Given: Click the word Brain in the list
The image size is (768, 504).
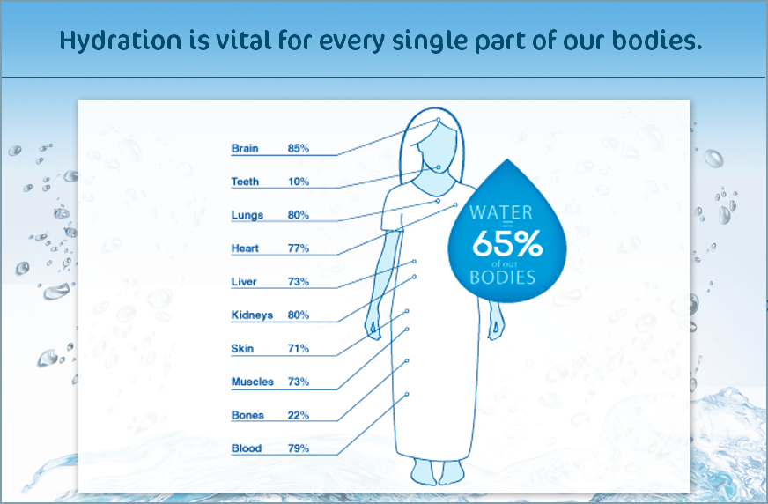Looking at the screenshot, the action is tap(245, 148).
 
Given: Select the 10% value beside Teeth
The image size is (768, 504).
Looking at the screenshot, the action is tap(299, 182).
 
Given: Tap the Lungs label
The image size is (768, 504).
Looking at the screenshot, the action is tap(247, 216).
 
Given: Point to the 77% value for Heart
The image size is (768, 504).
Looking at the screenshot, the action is tap(299, 248).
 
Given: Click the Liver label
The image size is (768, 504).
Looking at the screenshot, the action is tap(244, 282).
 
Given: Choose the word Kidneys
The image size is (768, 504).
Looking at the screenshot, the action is tap(252, 315).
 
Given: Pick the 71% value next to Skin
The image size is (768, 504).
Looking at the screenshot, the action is tap(299, 348).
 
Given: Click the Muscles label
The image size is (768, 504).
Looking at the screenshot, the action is tap(252, 382).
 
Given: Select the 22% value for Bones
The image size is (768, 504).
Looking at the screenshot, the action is tap(299, 415).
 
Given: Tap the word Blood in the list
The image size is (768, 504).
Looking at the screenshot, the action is tap(247, 448).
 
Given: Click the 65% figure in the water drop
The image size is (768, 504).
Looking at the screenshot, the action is tap(507, 243).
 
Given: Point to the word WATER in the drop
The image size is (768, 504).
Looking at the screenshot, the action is tap(500, 212).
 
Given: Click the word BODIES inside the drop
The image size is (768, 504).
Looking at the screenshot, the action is tap(503, 278).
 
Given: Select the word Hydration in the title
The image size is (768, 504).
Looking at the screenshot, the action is tap(121, 41).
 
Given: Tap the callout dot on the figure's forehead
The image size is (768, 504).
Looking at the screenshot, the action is tap(439, 120).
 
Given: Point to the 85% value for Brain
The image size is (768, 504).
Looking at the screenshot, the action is tap(299, 148).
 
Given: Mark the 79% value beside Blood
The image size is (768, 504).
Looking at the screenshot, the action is tap(299, 448).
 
